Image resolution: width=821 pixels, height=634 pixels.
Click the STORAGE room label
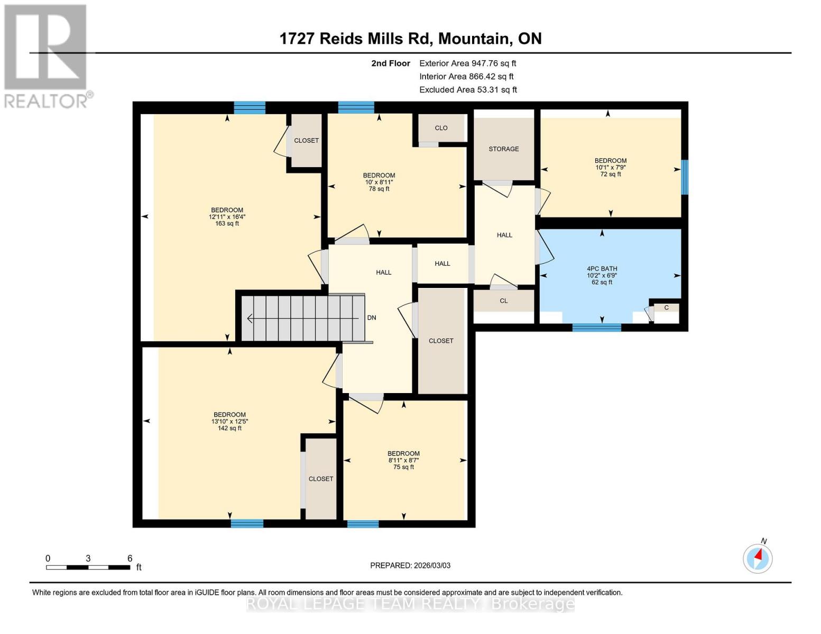pos(503,149)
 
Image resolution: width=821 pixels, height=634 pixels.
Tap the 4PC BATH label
pos(602,269)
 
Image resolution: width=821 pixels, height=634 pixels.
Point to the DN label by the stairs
pos(372,318)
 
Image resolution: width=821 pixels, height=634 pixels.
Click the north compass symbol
pos(758,558)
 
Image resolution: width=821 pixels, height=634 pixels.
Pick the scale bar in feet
pos(88,567)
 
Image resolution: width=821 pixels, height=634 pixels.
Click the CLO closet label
pos(441,128)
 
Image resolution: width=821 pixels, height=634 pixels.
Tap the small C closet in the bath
pos(666,307)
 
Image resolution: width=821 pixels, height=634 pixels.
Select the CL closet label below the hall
pos(503,301)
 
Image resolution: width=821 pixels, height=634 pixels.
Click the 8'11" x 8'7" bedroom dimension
pos(403,460)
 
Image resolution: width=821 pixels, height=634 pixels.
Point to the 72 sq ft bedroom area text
pos(611,174)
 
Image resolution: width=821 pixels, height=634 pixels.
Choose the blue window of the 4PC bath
pos(596,328)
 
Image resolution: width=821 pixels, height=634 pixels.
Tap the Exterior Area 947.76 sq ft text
pos(467,63)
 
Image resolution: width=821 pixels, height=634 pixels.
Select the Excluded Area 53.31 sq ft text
pos(468,90)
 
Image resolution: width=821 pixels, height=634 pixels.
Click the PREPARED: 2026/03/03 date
pos(410,565)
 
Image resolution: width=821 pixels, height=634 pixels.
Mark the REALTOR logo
pos(47,56)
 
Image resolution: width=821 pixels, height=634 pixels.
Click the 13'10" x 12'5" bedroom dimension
pos(229,422)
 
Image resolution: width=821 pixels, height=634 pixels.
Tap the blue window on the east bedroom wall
pos(685,177)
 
